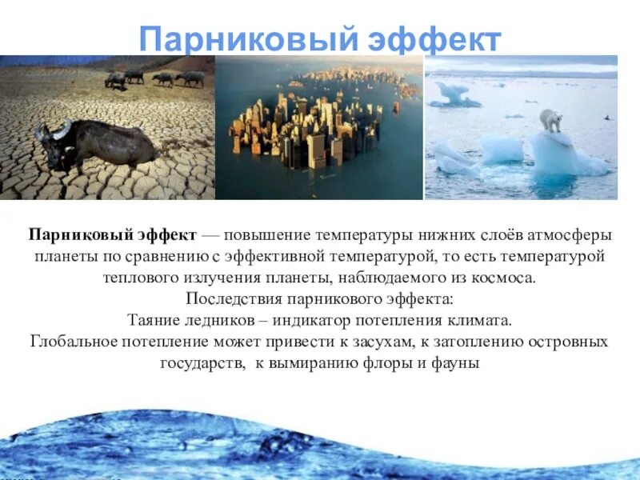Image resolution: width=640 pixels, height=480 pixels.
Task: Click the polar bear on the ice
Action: (x=551, y=121)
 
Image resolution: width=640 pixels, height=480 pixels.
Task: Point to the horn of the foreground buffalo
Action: (x=59, y=128)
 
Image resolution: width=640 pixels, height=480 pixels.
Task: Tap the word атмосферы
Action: (x=574, y=237)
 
